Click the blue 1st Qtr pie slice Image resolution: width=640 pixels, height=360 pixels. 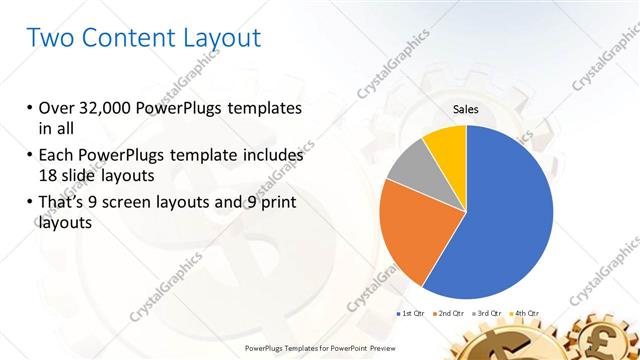click(505, 215)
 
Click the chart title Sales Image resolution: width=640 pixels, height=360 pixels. click(466, 108)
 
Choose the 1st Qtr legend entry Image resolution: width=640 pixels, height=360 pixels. click(410, 314)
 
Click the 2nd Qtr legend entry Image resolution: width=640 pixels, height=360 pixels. click(448, 314)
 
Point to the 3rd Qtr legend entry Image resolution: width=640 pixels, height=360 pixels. click(487, 314)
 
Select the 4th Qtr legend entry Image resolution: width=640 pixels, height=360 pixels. click(526, 314)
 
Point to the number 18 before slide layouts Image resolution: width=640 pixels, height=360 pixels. click(48, 175)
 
